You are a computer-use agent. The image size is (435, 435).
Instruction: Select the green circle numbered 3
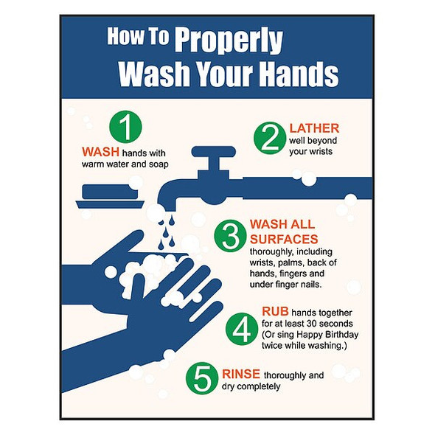(230, 235)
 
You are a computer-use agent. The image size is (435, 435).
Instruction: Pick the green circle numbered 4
(240, 329)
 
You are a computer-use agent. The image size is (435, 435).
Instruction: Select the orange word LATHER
(314, 128)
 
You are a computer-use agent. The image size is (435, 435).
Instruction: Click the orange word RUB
(275, 312)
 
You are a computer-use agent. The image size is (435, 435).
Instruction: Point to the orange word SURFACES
(284, 239)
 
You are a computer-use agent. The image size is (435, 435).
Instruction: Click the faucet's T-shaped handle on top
(213, 153)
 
